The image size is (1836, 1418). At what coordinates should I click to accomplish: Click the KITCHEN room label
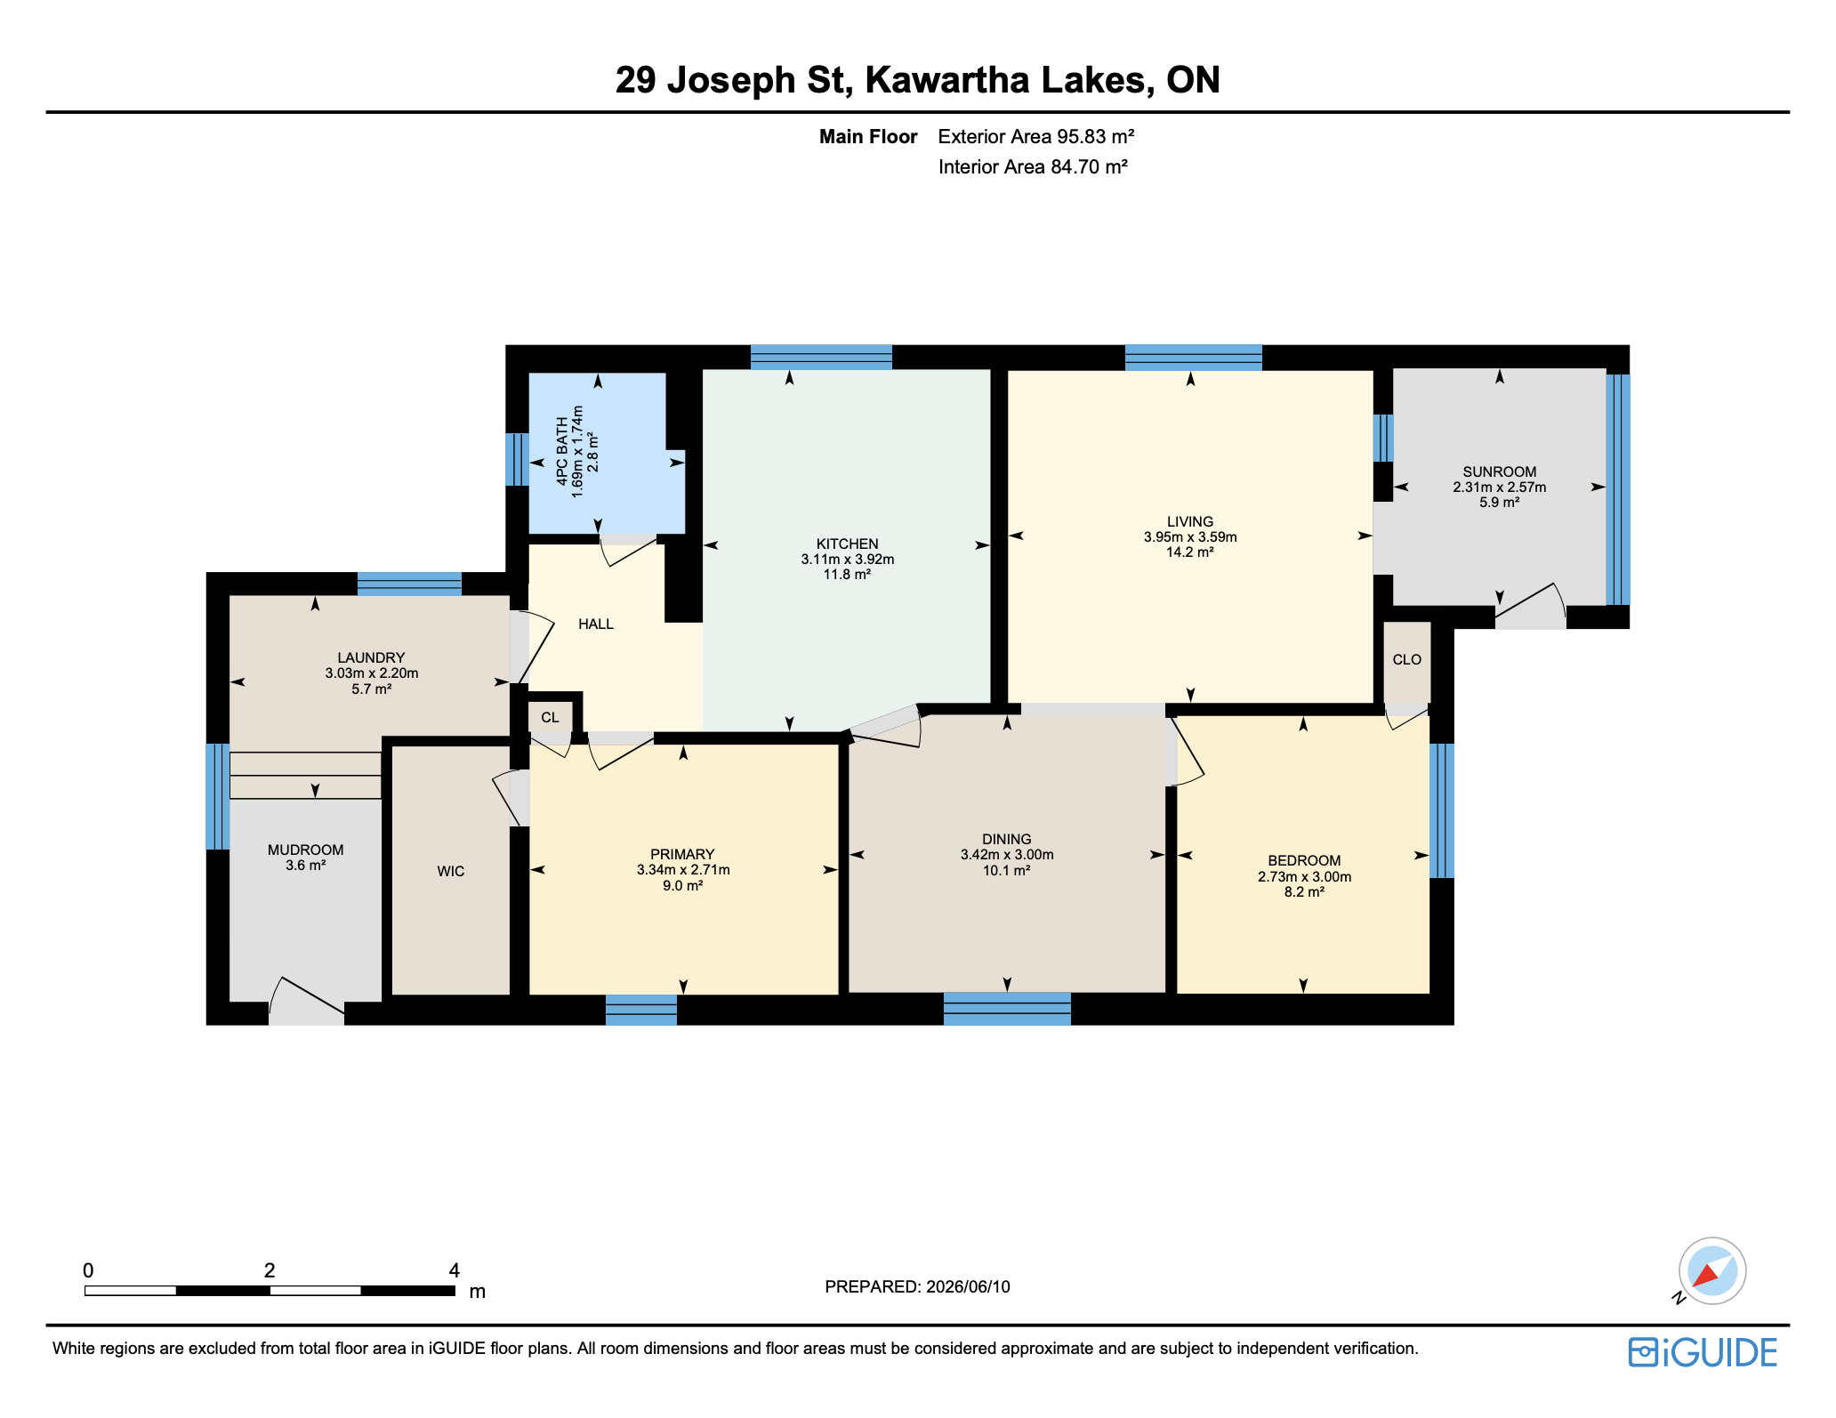(847, 544)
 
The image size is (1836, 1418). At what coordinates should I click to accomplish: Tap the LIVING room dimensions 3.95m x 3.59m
(1190, 536)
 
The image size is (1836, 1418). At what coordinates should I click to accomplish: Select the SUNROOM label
(1500, 471)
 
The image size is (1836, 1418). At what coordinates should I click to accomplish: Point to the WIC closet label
(451, 871)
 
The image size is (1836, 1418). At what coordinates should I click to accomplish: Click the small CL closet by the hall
(550, 717)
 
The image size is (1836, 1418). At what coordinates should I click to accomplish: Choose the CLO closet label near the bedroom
(1407, 659)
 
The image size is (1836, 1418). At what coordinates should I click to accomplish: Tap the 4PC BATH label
(562, 451)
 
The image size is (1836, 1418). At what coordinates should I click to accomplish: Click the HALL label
(596, 624)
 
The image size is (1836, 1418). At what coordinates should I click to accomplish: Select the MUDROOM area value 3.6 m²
(305, 865)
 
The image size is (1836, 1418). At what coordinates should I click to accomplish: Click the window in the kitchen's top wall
(821, 357)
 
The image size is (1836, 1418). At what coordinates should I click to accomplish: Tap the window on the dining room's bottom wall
(1007, 1009)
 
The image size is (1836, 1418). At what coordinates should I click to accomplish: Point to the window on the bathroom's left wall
(517, 459)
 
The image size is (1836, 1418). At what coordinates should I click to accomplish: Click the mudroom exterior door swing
(307, 1002)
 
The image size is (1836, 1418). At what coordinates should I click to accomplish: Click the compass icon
(1711, 1271)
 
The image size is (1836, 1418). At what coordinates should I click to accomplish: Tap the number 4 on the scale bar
(455, 1270)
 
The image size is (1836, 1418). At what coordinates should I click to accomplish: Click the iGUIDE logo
(1703, 1352)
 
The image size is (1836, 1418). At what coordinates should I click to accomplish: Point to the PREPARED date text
(917, 1286)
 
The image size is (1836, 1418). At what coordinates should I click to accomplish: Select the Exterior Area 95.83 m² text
(1036, 136)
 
